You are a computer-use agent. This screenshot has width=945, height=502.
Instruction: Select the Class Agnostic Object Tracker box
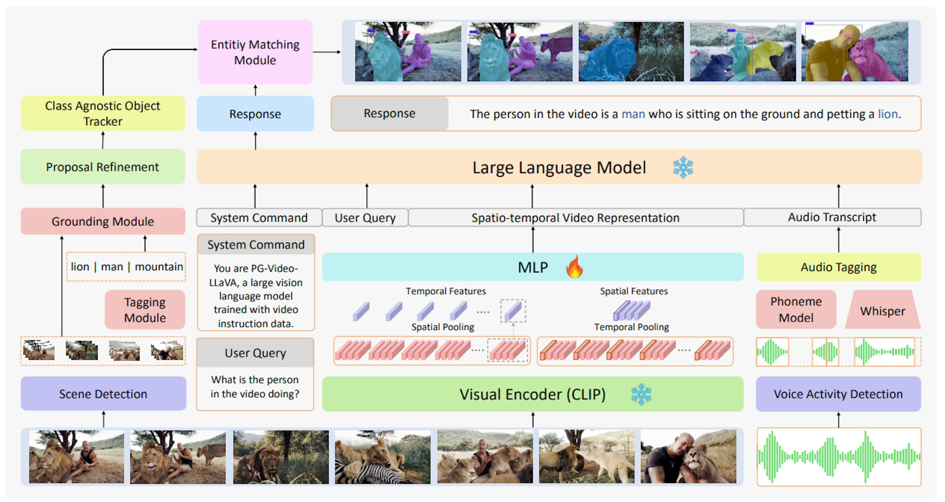[x=103, y=113]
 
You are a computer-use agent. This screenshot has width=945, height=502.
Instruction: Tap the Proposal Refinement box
[x=103, y=167]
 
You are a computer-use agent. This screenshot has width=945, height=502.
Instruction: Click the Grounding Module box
[x=103, y=221]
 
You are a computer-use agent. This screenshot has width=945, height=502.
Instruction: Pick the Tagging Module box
[x=145, y=310]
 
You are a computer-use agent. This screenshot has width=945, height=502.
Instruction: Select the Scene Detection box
[x=103, y=394]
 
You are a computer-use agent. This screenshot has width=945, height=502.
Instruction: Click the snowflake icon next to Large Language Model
[x=683, y=167]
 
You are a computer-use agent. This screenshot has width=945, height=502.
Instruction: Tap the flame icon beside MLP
[x=574, y=267]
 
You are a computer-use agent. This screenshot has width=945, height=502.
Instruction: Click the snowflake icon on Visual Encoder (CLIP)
[x=641, y=394]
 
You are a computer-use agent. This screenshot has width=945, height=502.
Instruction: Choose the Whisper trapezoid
[x=883, y=311]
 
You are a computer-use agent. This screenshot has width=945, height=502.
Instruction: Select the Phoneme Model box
[x=796, y=310]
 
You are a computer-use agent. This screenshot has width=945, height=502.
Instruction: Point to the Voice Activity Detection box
[x=838, y=394]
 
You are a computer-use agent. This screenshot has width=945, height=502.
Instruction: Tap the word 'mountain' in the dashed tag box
[x=159, y=267]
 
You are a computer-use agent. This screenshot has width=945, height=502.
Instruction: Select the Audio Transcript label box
[x=832, y=217]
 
